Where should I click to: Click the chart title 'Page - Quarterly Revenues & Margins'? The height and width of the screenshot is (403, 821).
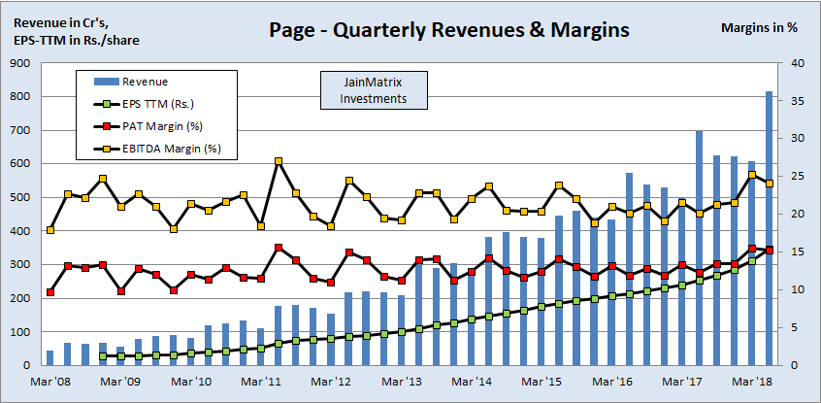click(447, 30)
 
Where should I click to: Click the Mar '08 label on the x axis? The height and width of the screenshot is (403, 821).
click(50, 383)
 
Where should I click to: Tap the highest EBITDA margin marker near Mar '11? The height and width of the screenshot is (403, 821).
click(279, 161)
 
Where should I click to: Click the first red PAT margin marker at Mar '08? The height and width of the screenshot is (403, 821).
click(50, 292)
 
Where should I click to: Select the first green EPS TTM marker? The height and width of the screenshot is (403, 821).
click(103, 356)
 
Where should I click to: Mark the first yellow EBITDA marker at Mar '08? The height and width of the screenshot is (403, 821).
click(50, 230)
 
